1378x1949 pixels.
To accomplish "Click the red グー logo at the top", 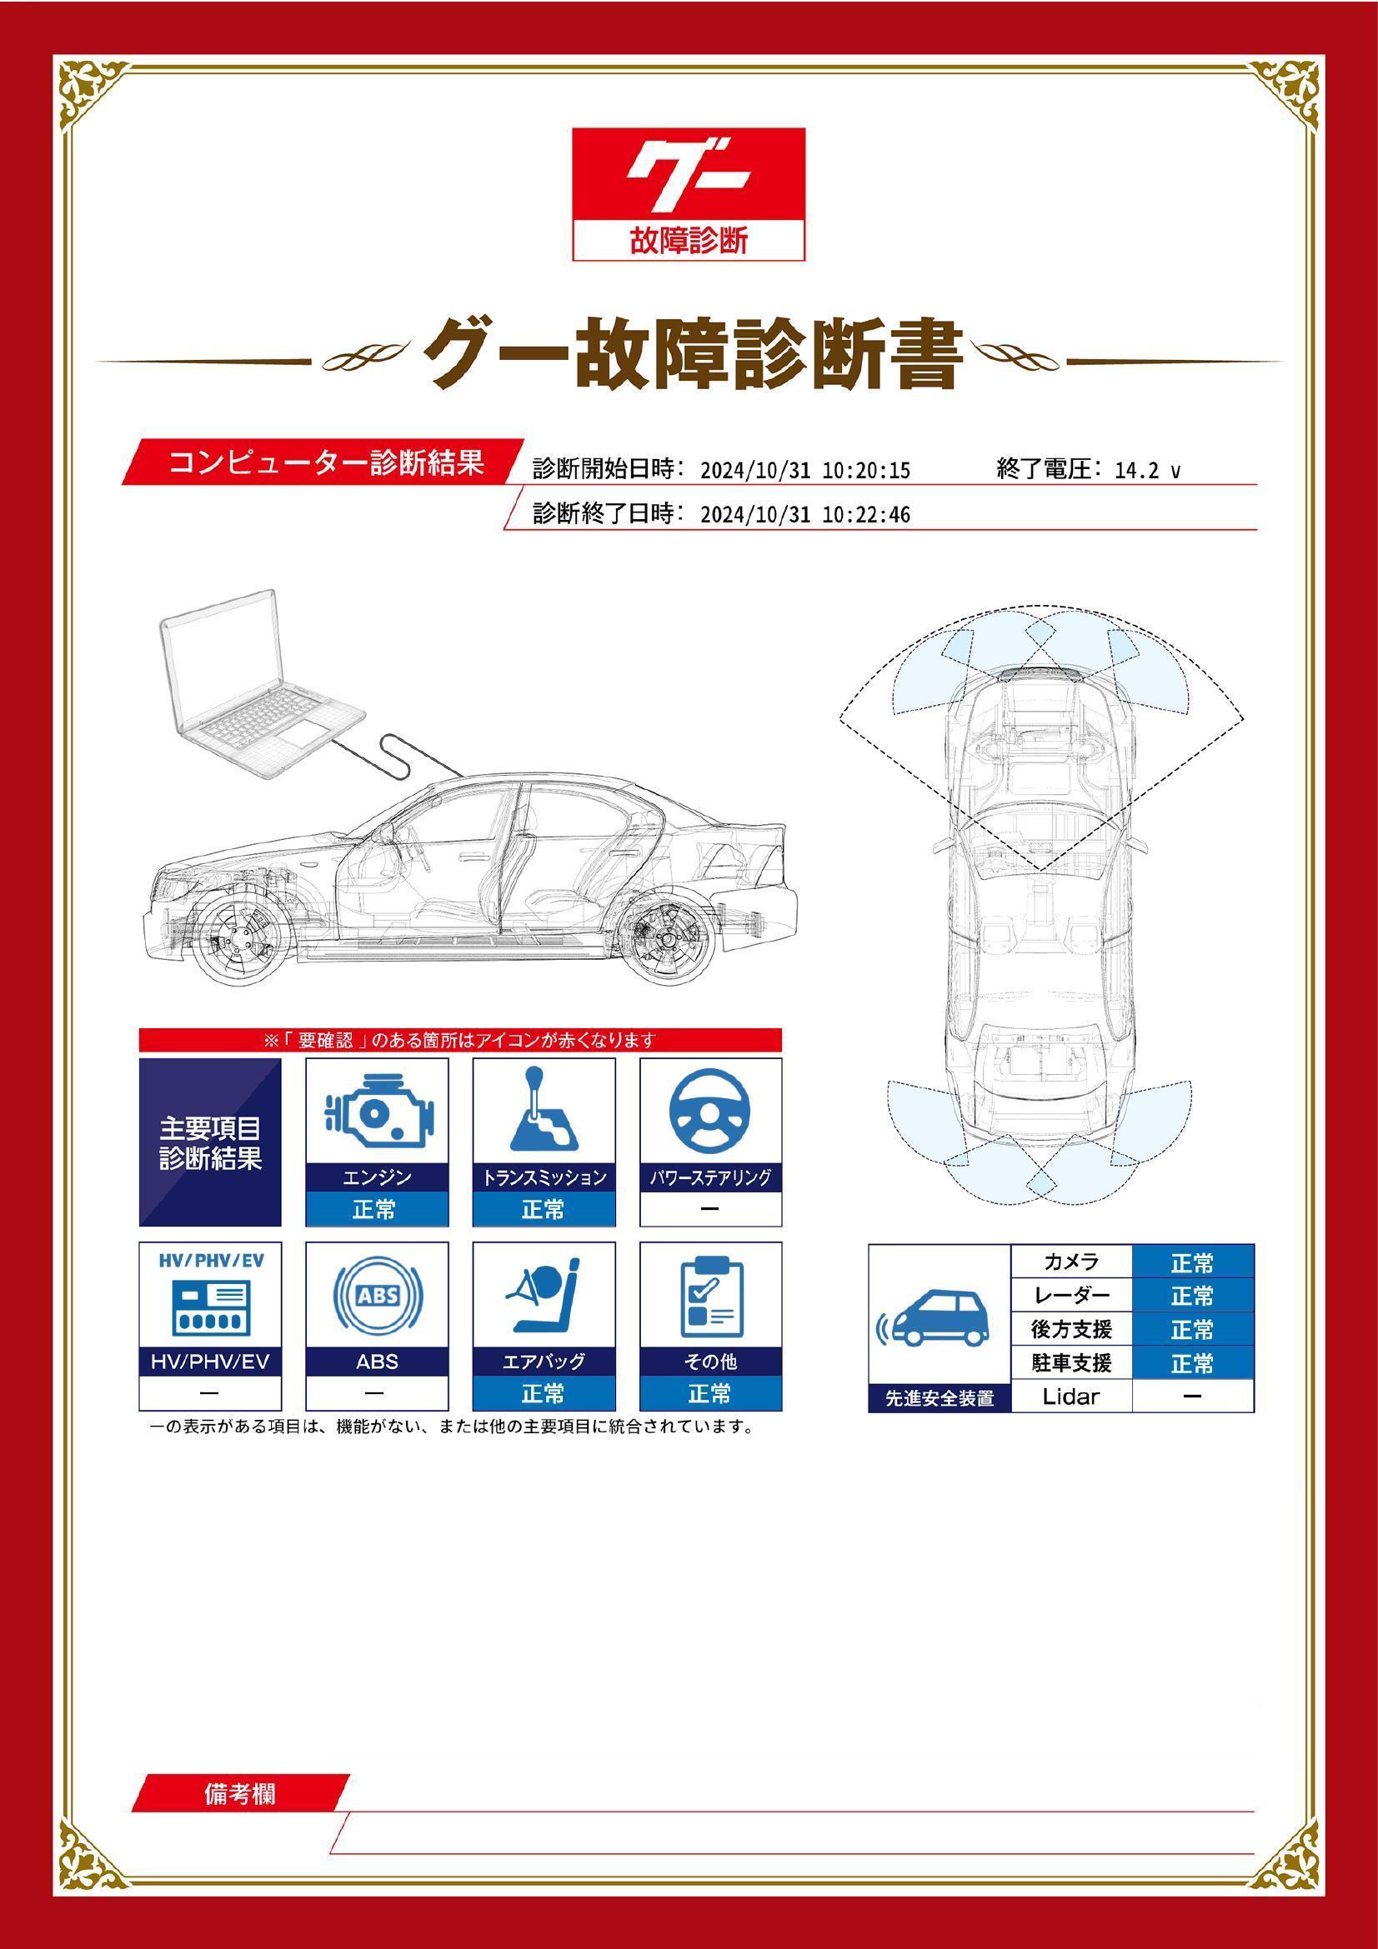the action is [688, 193].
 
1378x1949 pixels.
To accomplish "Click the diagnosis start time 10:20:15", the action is [866, 470].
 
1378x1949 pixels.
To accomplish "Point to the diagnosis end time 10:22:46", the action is [866, 514].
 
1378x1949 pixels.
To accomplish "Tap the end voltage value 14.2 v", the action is [1147, 470].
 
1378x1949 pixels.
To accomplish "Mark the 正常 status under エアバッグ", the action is [544, 1393].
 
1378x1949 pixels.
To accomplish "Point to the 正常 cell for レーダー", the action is [1193, 1297].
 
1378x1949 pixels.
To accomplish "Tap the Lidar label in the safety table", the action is [1071, 1397].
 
